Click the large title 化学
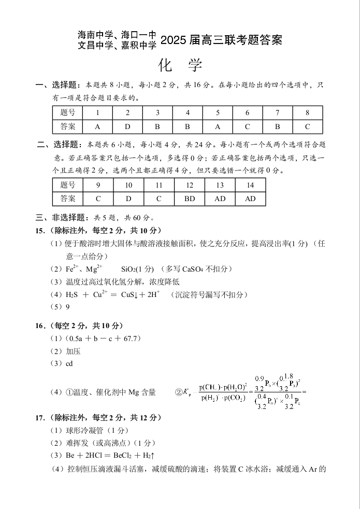pyautogui.click(x=180, y=66)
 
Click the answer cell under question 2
pyautogui.click(x=127, y=126)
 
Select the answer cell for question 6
pyautogui.click(x=247, y=126)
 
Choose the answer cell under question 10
pyautogui.click(x=128, y=199)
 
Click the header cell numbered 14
pyautogui.click(x=250, y=185)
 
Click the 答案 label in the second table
pyautogui.click(x=68, y=199)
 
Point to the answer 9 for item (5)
pyautogui.click(x=67, y=307)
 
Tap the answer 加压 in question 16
pyautogui.click(x=74, y=351)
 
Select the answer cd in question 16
pyautogui.click(x=69, y=364)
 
